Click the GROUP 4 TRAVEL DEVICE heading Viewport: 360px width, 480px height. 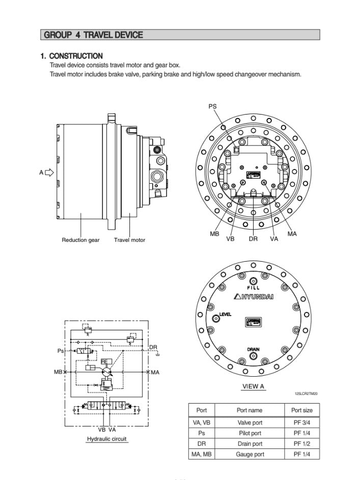pyautogui.click(x=94, y=35)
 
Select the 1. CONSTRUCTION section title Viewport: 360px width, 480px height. pyautogui.click(x=71, y=56)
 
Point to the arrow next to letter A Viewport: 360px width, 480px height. pyautogui.click(x=49, y=172)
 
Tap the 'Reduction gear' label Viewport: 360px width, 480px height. pyautogui.click(x=80, y=240)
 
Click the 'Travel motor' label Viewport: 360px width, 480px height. pyautogui.click(x=129, y=240)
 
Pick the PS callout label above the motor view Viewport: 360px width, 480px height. pyautogui.click(x=212, y=106)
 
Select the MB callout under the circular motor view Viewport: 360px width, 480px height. pyautogui.click(x=214, y=234)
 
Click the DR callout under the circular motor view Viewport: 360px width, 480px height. pyautogui.click(x=253, y=238)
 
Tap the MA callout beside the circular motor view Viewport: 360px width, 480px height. pyautogui.click(x=292, y=234)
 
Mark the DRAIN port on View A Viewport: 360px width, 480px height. pyautogui.click(x=253, y=357)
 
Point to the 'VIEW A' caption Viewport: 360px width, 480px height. pyautogui.click(x=253, y=386)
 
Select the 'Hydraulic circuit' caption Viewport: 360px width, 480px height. pyautogui.click(x=106, y=439)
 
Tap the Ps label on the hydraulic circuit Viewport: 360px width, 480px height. pyautogui.click(x=61, y=351)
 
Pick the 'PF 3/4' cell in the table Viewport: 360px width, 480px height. pyautogui.click(x=301, y=422)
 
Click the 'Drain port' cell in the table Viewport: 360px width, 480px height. pyautogui.click(x=249, y=444)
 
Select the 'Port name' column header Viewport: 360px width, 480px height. pyautogui.click(x=249, y=410)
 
